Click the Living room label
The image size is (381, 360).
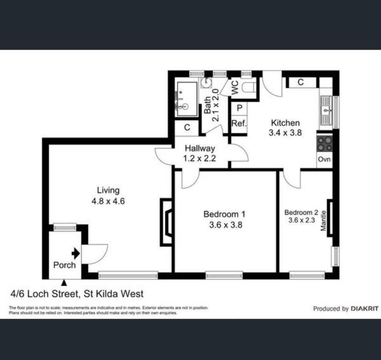tap(108, 190)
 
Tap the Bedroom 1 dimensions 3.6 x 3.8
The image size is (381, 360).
tap(225, 225)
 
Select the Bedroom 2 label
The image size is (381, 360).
tap(301, 212)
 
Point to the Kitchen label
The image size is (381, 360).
tap(285, 123)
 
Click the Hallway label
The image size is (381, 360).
tap(200, 149)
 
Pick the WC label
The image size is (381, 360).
tap(235, 88)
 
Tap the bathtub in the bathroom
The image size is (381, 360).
tap(187, 99)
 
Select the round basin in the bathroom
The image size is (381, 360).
tap(206, 83)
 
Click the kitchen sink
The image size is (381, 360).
tap(326, 110)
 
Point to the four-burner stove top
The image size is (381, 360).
tap(324, 144)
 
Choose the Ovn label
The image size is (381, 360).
tap(324, 159)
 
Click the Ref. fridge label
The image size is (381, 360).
tap(239, 123)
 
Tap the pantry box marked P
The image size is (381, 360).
tap(239, 108)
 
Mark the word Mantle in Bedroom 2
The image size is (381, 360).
tap(323, 220)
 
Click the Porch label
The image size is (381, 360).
tap(64, 265)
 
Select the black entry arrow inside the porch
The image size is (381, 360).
tap(76, 254)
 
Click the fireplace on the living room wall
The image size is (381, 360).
tap(167, 223)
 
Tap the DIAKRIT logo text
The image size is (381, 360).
tap(364, 309)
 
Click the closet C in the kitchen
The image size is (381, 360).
tap(301, 82)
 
